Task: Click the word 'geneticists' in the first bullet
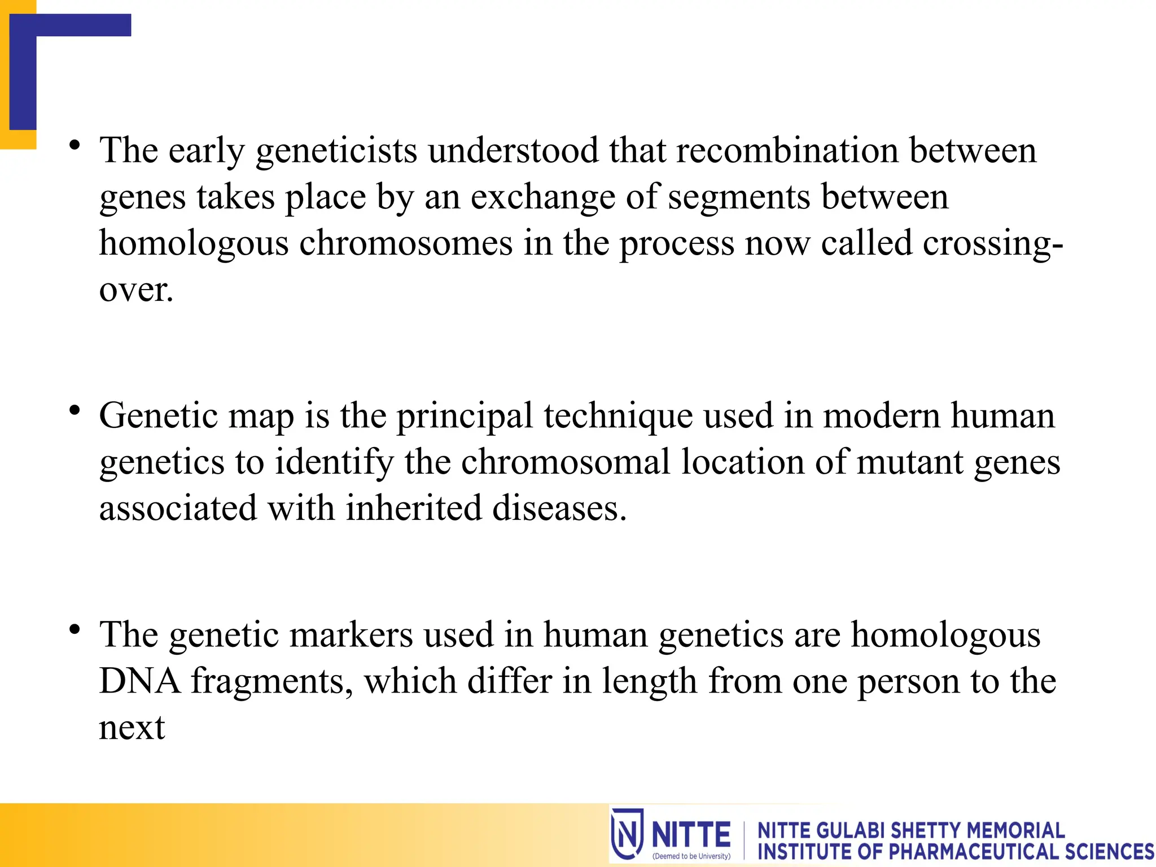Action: click(336, 151)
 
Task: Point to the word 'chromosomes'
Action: click(405, 244)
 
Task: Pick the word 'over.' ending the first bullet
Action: click(136, 290)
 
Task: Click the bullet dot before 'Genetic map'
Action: click(75, 411)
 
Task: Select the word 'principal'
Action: click(465, 417)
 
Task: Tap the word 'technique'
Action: click(618, 417)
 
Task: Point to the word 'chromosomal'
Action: click(566, 463)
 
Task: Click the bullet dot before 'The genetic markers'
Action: click(75, 629)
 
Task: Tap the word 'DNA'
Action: click(139, 681)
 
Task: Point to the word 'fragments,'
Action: click(272, 681)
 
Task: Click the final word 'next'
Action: click(132, 728)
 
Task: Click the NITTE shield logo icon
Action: click(627, 834)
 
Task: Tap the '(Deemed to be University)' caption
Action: click(691, 856)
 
